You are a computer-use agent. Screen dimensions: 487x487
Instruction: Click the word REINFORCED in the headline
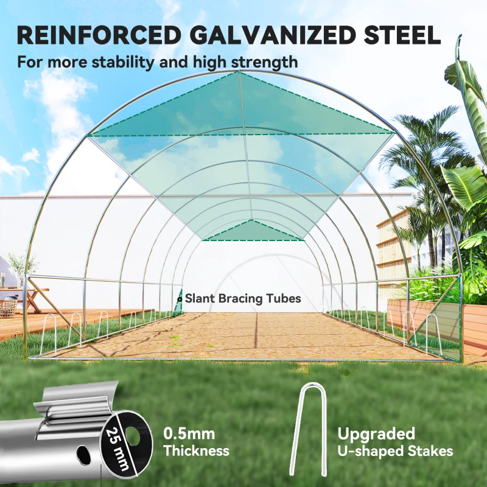[99, 35]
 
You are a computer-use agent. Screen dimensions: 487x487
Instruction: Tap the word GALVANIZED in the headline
[272, 35]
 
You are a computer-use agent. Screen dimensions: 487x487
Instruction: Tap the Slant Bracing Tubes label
[243, 298]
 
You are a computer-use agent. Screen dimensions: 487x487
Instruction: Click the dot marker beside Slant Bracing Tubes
[179, 300]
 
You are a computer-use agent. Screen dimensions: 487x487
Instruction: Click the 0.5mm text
[189, 433]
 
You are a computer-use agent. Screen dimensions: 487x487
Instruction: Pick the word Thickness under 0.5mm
[196, 450]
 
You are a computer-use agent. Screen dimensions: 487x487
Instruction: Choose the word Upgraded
[376, 433]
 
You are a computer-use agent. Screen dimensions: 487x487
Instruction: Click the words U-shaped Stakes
[395, 451]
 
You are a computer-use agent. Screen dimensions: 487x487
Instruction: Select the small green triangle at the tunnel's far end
[252, 230]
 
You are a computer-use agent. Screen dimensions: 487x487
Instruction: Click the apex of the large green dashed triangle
[239, 71]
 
